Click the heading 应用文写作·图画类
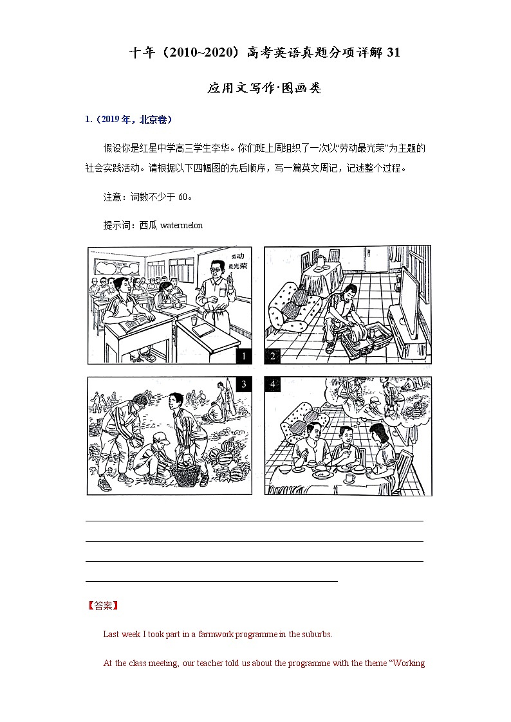264,88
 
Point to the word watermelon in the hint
181,225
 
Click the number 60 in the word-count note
183,197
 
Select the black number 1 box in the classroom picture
244,356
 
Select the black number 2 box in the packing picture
273,356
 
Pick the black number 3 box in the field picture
244,384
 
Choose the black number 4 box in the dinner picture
273,384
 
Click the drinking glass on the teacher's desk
194,320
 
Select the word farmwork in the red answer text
236,634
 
